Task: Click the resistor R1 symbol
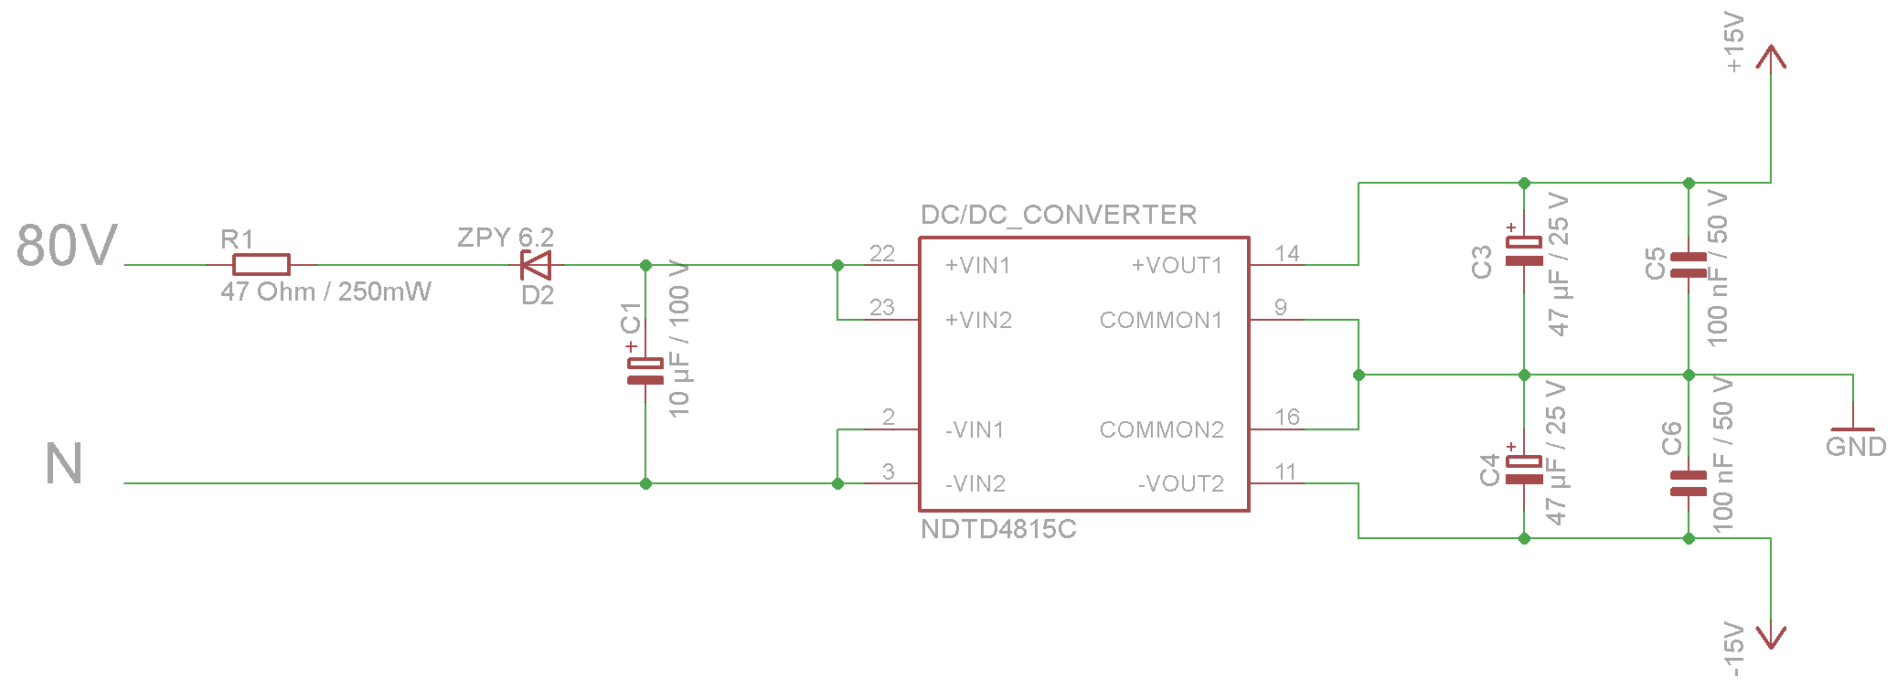261,265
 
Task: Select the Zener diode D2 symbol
536,265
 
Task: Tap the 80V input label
67,246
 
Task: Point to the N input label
64,464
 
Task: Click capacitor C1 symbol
645,371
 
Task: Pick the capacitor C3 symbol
1524,251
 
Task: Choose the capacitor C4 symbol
1524,470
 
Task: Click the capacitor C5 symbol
1689,265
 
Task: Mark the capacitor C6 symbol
1689,483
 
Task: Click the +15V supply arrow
1771,57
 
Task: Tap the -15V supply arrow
1771,637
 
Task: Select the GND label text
1856,447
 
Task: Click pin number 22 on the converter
882,253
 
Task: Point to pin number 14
1287,253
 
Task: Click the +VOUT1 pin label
1177,266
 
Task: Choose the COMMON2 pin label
1161,430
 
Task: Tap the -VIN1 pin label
975,430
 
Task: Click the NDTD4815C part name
998,529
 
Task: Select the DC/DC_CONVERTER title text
1059,215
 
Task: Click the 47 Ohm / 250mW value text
325,292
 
